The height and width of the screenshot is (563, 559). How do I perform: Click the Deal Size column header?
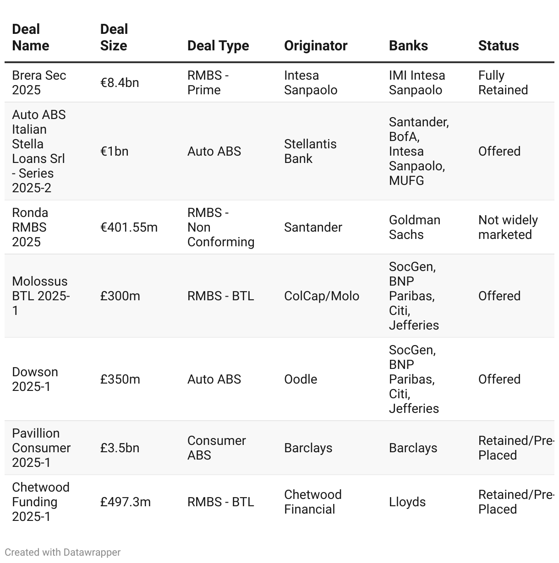[x=114, y=38]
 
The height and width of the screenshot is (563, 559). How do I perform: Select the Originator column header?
[x=316, y=46]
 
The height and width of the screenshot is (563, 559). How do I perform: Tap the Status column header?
[x=499, y=46]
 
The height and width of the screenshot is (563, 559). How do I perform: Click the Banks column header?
[x=408, y=46]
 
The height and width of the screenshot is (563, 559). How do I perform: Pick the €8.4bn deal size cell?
[x=120, y=83]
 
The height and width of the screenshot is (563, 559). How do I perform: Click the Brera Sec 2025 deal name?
[x=39, y=83]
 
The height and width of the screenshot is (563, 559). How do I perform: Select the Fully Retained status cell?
[x=503, y=83]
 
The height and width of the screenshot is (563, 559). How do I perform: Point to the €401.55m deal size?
[x=129, y=227]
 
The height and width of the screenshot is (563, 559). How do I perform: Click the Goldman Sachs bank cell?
[x=414, y=227]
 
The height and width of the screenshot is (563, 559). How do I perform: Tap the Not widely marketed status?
[x=508, y=227]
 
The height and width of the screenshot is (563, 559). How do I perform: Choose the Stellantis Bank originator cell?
[x=310, y=152]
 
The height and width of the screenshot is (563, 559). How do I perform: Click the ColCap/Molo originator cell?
[x=322, y=296]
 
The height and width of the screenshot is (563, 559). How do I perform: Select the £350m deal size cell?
[x=120, y=379]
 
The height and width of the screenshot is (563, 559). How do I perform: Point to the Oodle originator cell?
[x=301, y=379]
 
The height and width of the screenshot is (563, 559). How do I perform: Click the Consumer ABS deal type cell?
[x=216, y=448]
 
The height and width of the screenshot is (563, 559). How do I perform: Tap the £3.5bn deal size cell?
[x=120, y=448]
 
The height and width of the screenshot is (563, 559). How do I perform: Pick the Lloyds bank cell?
[x=407, y=502]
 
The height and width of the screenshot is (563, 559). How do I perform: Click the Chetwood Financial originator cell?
[x=312, y=502]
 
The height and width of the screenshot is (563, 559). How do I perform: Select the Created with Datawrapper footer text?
[x=63, y=552]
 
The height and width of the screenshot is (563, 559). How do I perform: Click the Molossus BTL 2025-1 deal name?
[x=41, y=296]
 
